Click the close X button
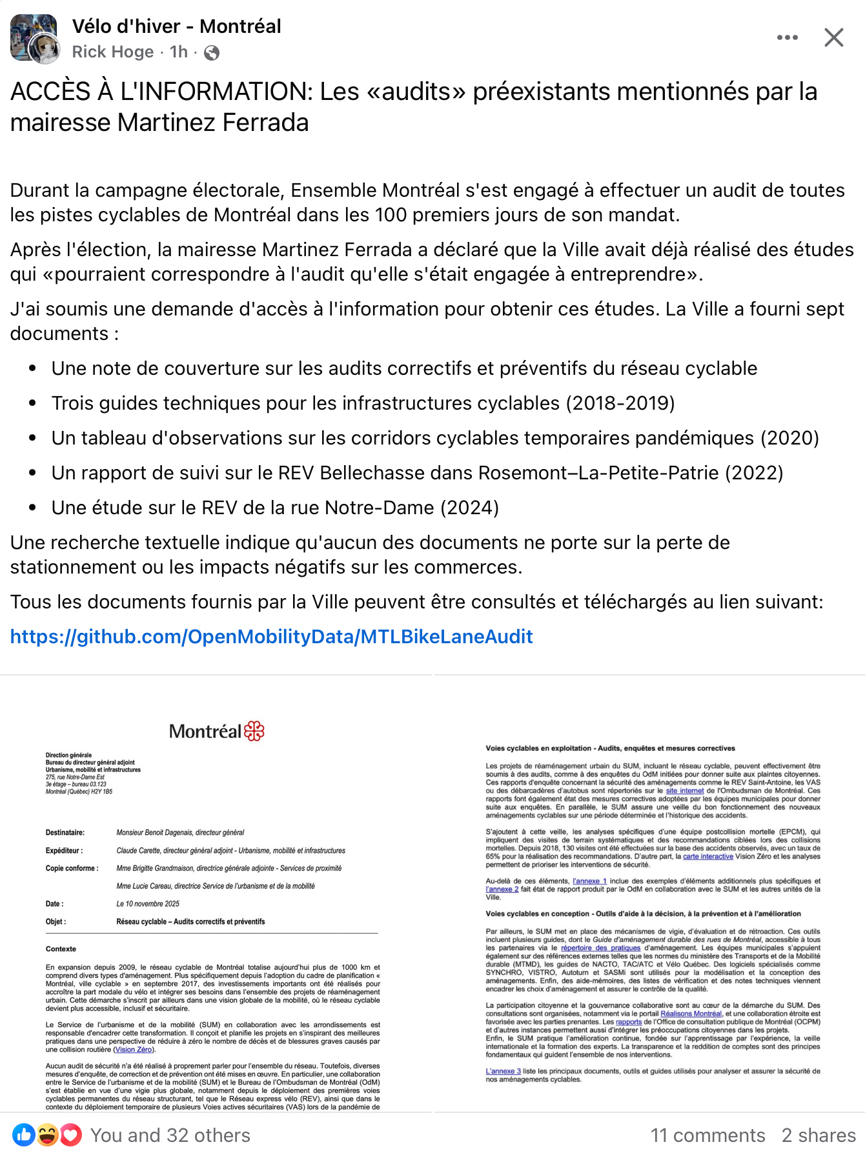point(833,37)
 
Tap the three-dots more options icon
point(787,37)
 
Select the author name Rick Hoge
point(113,52)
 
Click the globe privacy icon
point(211,53)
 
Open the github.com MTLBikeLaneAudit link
point(271,637)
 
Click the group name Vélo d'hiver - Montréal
point(176,26)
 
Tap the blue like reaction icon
point(23,1134)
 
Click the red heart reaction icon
point(71,1134)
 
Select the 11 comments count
point(707,1135)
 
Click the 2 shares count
point(819,1135)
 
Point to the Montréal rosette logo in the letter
point(254,731)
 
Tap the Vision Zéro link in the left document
point(134,1050)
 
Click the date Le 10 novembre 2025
point(148,904)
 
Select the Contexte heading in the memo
point(61,949)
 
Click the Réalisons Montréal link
point(691,1014)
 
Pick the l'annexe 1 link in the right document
point(589,881)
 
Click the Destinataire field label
point(65,832)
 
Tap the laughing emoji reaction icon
point(47,1134)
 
